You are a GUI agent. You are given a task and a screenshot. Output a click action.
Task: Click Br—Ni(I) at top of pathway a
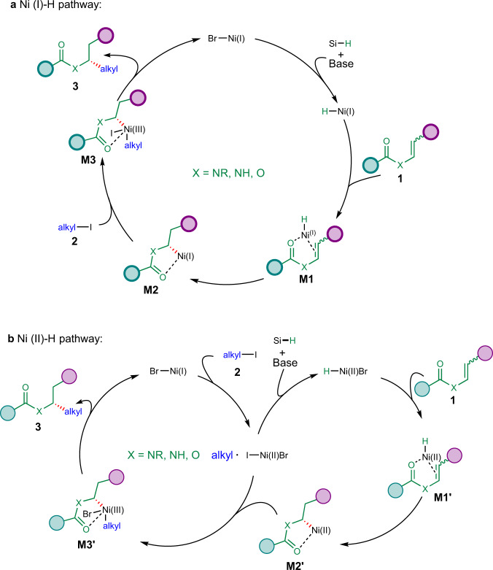(x=223, y=34)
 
